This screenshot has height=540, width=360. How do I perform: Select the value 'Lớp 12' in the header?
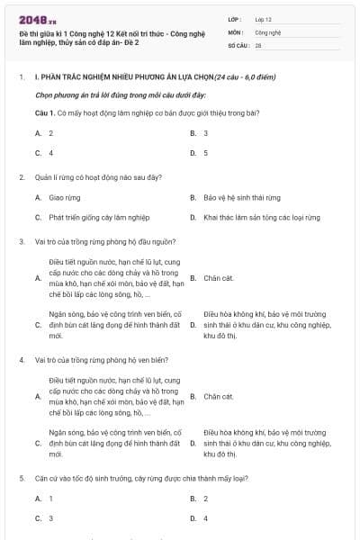coord(264,18)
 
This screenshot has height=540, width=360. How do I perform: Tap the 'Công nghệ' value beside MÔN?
coord(267,31)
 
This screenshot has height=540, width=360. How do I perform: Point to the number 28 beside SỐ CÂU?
coord(258,43)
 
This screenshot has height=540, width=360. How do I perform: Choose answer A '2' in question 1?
coord(50,132)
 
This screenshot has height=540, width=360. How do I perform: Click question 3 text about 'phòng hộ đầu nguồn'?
coord(105,241)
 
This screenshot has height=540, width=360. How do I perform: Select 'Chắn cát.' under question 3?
coord(219,278)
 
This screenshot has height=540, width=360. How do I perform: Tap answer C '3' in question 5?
coord(50,518)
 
